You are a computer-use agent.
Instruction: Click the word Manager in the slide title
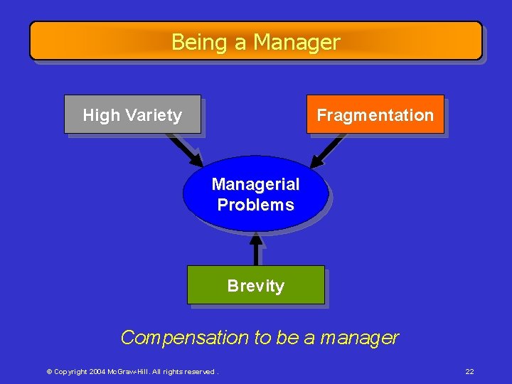(297, 43)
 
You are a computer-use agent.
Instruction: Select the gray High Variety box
(132, 114)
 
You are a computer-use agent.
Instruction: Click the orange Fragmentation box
(375, 114)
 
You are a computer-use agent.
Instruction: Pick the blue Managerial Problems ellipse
(255, 194)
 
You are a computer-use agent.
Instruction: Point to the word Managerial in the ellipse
(255, 184)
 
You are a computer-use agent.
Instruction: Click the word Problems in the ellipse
(255, 205)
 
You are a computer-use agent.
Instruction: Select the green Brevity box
(255, 285)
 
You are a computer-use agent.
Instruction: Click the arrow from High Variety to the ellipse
(186, 149)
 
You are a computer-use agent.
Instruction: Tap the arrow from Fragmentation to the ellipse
(328, 149)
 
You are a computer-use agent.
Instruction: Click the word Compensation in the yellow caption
(184, 337)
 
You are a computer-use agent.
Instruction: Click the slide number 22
(469, 371)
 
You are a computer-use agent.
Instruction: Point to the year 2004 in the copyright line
(98, 372)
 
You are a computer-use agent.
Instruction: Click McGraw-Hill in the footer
(128, 372)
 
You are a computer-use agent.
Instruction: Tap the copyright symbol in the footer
(49, 372)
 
